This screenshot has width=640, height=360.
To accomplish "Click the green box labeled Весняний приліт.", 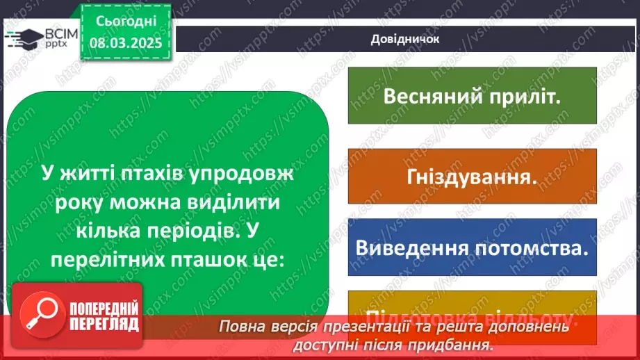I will (x=471, y=96).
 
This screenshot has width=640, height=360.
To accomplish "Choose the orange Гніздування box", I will (x=471, y=177).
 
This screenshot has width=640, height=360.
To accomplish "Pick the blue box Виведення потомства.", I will (x=471, y=247).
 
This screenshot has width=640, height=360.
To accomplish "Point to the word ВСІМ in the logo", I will (x=58, y=32).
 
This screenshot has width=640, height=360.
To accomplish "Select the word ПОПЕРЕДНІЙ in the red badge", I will (x=103, y=309).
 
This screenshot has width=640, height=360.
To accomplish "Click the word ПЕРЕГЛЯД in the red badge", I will (x=103, y=325).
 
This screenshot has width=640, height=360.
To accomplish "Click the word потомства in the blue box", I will (x=531, y=247).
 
